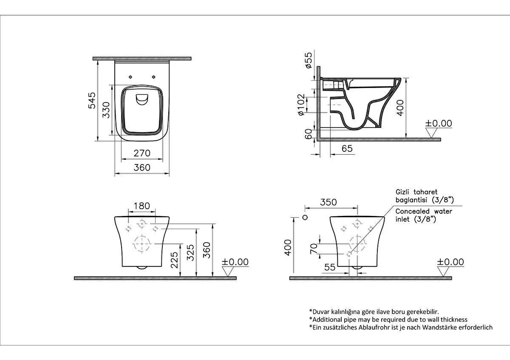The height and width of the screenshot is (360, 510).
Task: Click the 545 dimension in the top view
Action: click(92, 100)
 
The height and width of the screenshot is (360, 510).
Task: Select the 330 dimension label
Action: click(106, 110)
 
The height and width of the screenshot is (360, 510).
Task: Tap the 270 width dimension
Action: click(142, 153)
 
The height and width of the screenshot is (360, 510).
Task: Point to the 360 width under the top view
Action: click(142, 167)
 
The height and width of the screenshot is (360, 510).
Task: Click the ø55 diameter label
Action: click(308, 60)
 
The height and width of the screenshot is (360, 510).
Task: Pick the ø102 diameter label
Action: click(301, 105)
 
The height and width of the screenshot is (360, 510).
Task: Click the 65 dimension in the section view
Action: click(347, 148)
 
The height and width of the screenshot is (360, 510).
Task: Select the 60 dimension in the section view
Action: click(308, 134)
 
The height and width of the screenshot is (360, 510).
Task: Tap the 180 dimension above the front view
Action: click(142, 206)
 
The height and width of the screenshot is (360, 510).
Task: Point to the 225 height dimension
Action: click(174, 260)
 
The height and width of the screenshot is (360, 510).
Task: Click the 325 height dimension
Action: click(190, 252)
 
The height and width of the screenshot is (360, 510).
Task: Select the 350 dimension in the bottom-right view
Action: click(328, 202)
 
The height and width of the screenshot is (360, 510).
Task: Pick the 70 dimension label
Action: click(314, 249)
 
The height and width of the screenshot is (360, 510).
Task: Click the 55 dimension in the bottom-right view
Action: click(330, 267)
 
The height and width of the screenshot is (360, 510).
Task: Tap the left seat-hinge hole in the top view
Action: click(130, 77)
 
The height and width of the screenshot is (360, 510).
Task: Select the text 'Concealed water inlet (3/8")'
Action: click(424, 215)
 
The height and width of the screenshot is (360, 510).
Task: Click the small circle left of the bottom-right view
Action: click(305, 217)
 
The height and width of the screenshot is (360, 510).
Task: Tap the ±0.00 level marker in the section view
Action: click(439, 128)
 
